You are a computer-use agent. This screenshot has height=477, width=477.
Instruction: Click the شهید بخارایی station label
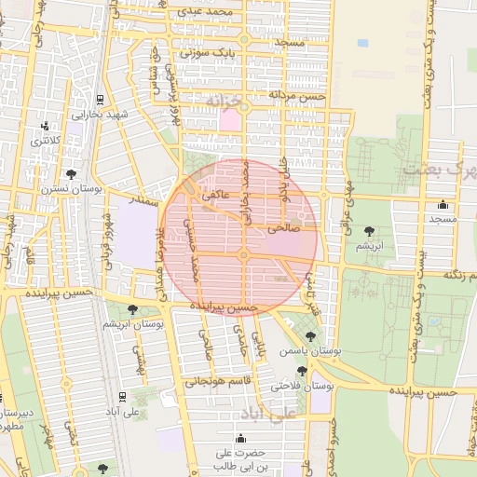coord(93,115)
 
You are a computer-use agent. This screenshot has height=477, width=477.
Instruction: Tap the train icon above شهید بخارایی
coord(101,100)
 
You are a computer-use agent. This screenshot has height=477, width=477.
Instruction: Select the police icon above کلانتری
coord(45,127)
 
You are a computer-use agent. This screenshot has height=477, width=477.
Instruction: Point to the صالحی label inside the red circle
coord(281,226)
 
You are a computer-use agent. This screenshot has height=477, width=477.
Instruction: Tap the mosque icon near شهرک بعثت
coord(442,205)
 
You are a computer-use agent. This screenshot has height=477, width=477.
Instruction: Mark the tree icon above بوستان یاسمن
coord(310,336)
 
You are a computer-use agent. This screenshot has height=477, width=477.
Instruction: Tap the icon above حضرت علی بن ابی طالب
coord(242,439)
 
